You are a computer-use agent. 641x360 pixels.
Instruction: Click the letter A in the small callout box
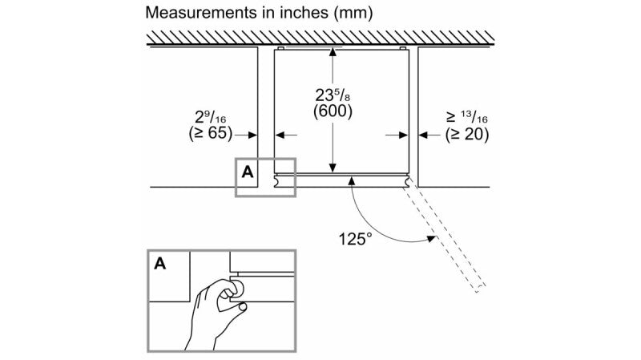coord(248,171)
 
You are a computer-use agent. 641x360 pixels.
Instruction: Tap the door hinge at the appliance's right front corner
coord(412,183)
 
